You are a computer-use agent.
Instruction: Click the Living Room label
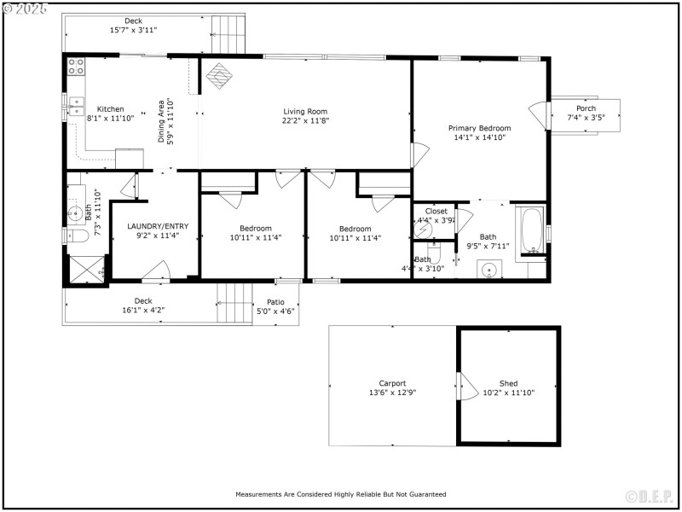point(305,112)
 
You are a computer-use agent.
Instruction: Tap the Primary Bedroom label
point(480,128)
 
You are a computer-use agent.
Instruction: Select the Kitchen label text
point(110,109)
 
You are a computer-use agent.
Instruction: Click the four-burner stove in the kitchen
point(75,65)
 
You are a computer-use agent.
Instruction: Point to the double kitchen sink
point(75,106)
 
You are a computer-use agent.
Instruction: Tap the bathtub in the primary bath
point(533,230)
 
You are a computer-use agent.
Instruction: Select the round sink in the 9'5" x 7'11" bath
point(488,271)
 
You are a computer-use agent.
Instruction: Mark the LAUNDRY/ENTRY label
point(158,226)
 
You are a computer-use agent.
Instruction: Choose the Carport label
point(392,383)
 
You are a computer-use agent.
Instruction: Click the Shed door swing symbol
point(466,386)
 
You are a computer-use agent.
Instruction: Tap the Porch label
point(586,108)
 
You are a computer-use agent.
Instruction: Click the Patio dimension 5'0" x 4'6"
point(275,311)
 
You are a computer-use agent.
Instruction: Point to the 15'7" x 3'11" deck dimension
point(134,30)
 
